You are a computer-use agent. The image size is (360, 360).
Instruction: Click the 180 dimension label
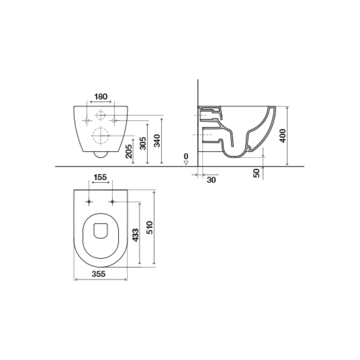[x=101, y=97]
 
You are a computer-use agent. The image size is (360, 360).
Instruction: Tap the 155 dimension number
[x=100, y=177]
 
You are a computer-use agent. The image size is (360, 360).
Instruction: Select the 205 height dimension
[x=129, y=151]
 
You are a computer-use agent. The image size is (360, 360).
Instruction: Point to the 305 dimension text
[x=143, y=143]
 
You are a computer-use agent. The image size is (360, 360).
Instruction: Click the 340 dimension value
[x=157, y=141]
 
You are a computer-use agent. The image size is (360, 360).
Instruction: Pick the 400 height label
[x=283, y=136]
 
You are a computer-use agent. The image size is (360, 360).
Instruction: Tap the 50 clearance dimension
[x=256, y=173]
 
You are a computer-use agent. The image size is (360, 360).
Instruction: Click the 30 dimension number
[x=211, y=180]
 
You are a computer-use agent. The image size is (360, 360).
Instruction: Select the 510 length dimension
[x=150, y=227]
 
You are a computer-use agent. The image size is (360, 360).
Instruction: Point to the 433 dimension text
[x=136, y=235]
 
